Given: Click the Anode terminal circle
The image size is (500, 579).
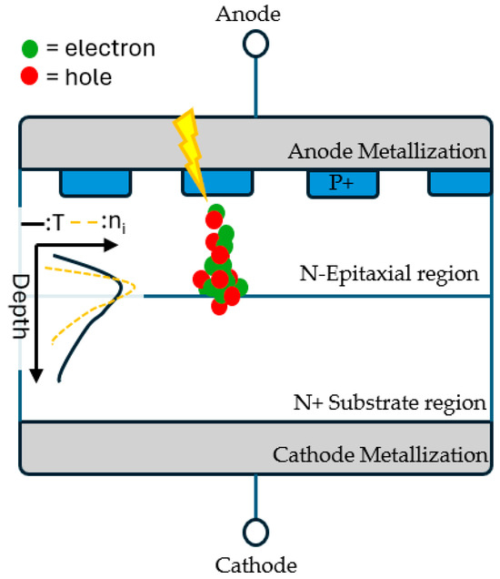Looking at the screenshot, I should pyautogui.click(x=255, y=43).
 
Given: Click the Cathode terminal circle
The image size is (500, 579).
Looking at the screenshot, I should pyautogui.click(x=255, y=531).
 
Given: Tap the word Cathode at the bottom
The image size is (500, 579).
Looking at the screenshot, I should pyautogui.click(x=255, y=564).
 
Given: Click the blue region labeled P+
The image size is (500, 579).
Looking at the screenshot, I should pyautogui.click(x=342, y=183).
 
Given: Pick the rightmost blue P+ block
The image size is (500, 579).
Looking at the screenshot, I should pyautogui.click(x=460, y=182).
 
